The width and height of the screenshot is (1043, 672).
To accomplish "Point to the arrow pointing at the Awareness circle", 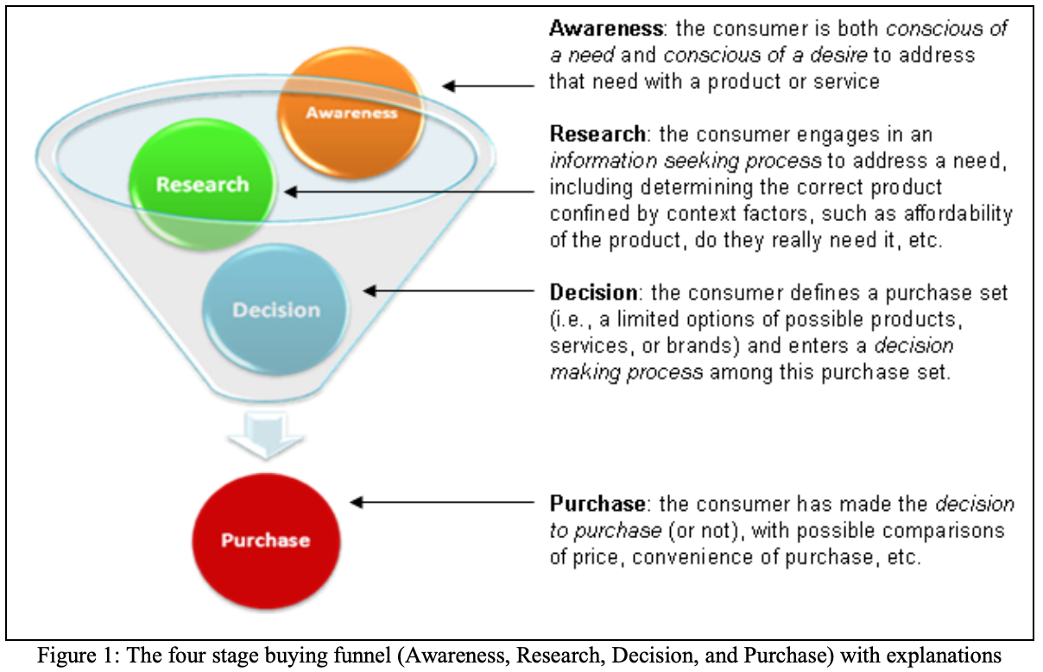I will (488, 86).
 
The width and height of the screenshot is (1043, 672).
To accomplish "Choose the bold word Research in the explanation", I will (597, 135).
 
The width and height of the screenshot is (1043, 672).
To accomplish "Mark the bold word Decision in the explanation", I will (595, 293).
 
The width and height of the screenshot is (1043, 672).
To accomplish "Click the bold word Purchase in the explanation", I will (597, 503).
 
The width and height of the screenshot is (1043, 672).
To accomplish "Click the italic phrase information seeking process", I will (685, 161).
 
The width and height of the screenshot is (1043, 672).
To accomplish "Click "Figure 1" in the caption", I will (75, 656).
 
